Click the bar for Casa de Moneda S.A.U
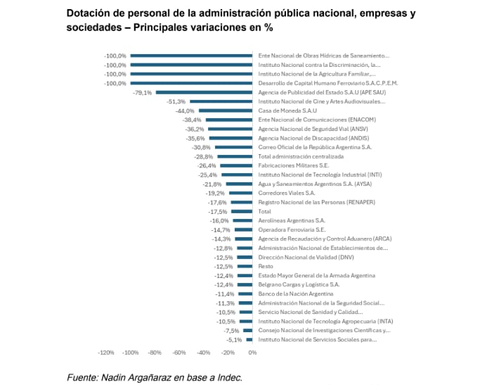click(x=226, y=111)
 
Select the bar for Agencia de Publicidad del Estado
click(x=204, y=92)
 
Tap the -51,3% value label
click(x=176, y=101)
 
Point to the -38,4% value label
click(x=193, y=120)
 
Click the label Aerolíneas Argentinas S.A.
click(x=292, y=220)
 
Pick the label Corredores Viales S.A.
click(x=287, y=193)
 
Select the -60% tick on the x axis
click(x=179, y=353)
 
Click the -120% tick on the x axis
click(x=106, y=353)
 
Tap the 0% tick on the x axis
click(x=252, y=353)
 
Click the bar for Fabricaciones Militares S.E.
click(x=236, y=165)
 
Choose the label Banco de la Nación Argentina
click(x=295, y=294)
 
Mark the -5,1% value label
click(x=233, y=339)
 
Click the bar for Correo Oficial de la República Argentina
click(x=233, y=147)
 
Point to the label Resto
click(x=265, y=266)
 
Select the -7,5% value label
click(x=231, y=330)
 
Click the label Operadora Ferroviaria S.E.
click(x=292, y=229)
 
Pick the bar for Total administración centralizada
click(x=235, y=156)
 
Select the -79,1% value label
click(x=142, y=92)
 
